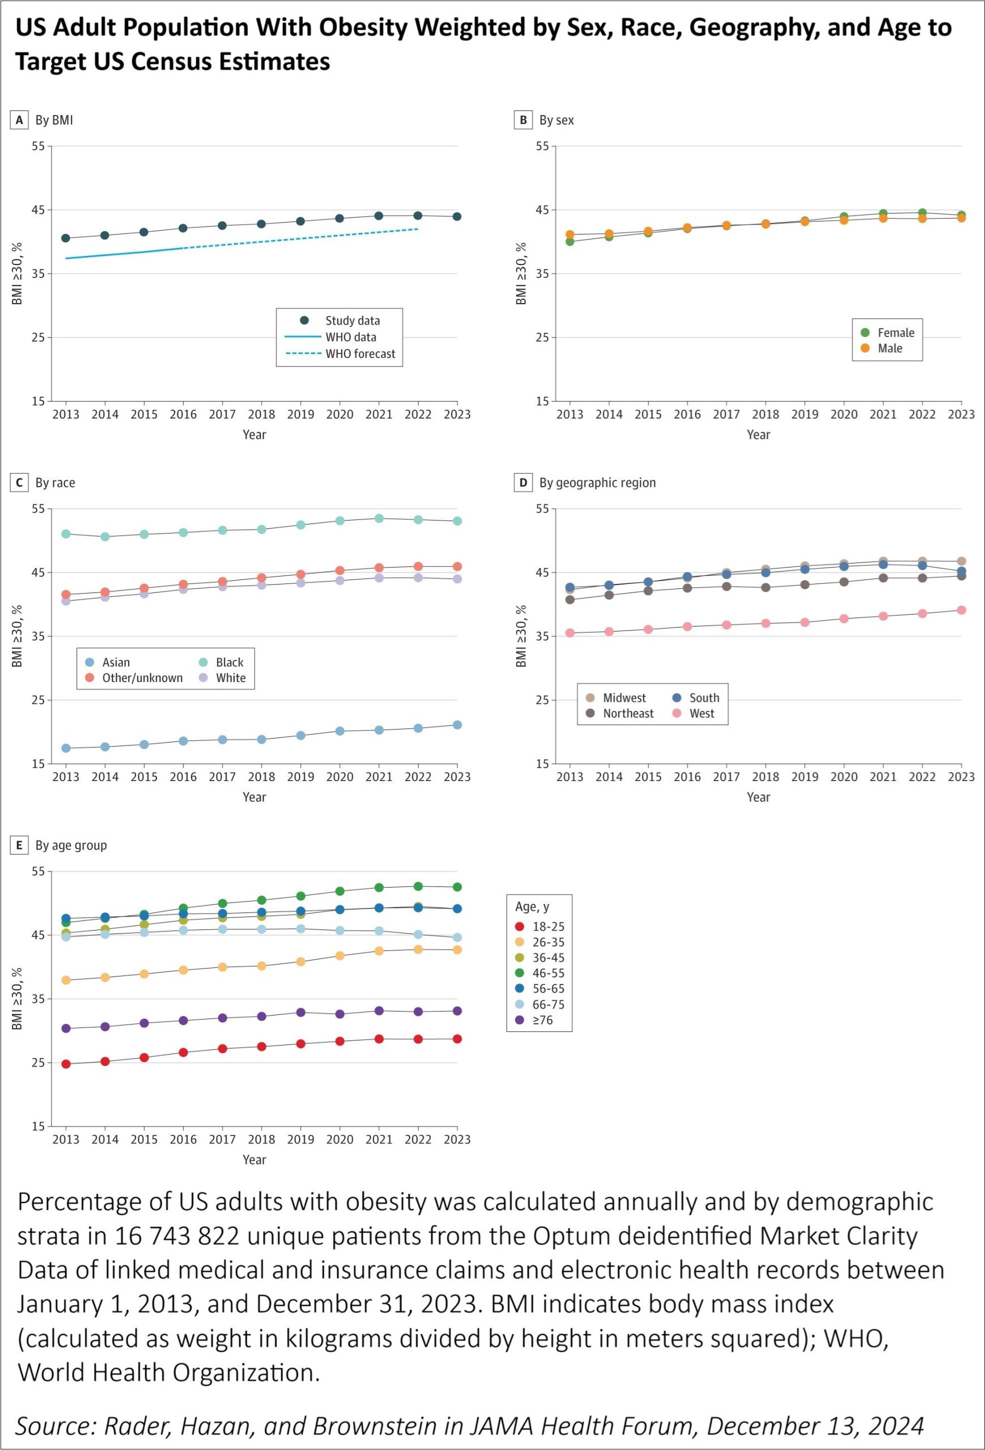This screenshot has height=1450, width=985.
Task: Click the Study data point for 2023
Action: click(457, 216)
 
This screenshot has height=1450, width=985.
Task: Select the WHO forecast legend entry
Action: click(360, 354)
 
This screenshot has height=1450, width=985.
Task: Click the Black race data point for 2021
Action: click(379, 518)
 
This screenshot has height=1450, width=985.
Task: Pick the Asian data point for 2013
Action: click(66, 748)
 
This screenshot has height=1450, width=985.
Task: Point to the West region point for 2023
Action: click(961, 610)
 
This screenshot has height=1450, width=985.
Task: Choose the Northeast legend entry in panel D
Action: click(628, 713)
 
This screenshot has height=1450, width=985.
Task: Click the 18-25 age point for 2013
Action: click(66, 1064)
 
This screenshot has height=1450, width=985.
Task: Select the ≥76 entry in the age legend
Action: click(542, 1020)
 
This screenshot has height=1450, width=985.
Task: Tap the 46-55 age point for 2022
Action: click(418, 886)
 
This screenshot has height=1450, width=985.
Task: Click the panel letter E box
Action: click(19, 846)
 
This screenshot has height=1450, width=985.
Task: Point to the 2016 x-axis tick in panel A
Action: click(184, 414)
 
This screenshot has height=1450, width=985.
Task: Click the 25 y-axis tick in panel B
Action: click(542, 338)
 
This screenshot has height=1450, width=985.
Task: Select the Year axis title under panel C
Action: click(254, 797)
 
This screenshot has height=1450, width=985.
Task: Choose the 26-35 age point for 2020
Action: click(340, 956)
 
